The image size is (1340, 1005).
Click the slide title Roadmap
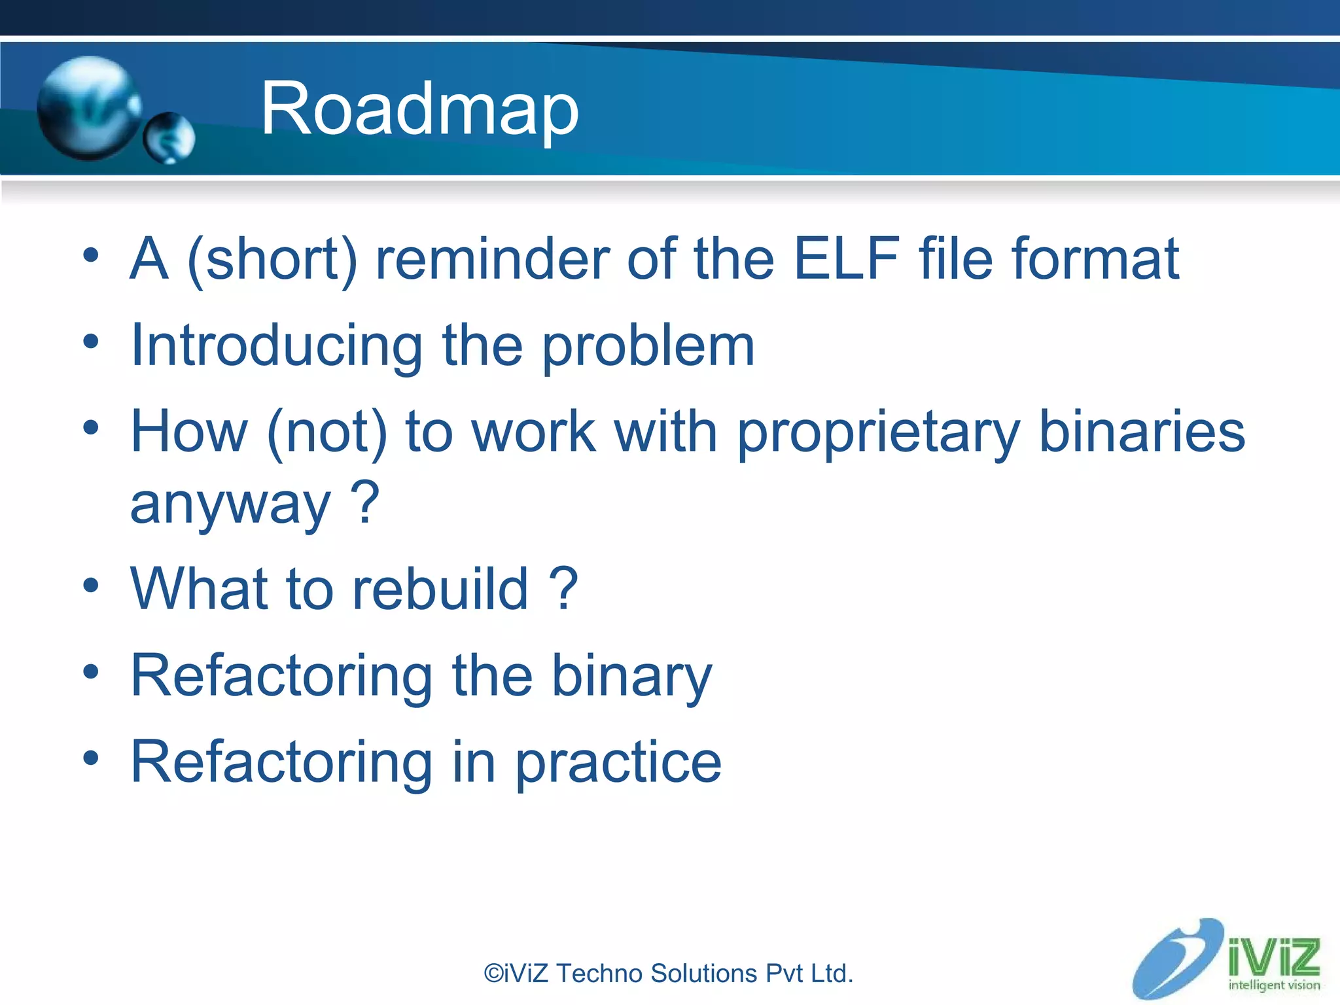[419, 109]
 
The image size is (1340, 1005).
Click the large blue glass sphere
[88, 108]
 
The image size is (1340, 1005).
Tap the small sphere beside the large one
[169, 137]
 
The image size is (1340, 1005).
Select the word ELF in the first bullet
[846, 259]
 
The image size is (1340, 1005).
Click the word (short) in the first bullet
[272, 260]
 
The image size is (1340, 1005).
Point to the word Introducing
[276, 347]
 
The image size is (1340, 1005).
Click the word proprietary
[878, 433]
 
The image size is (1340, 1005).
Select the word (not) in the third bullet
[327, 433]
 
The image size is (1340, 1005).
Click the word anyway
[230, 505]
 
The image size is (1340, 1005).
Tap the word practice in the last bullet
[618, 763]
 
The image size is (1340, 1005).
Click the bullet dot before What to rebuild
[91, 586]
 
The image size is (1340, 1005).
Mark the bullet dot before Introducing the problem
[91, 342]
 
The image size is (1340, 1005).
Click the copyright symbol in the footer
[493, 974]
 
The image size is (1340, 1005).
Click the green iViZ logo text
[1273, 957]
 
